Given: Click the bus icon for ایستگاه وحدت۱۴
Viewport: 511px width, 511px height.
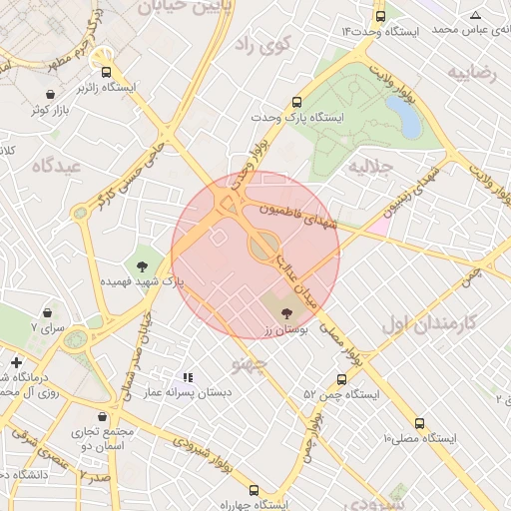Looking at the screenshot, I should click(379, 17).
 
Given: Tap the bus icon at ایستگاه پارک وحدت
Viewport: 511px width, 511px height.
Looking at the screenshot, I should click(296, 102).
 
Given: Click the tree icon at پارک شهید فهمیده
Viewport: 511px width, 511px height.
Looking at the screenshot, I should click(142, 266).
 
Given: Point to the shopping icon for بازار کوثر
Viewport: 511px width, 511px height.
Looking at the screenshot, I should click(50, 95).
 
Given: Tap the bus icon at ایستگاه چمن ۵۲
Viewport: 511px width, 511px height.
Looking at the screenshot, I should click(342, 379).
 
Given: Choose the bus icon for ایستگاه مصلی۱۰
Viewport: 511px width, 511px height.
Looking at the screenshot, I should click(419, 422).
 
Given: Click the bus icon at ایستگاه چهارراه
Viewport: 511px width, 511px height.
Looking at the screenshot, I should click(254, 491).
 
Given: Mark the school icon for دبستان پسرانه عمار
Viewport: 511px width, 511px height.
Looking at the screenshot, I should click(188, 377).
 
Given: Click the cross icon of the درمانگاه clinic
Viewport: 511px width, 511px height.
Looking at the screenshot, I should click(15, 361).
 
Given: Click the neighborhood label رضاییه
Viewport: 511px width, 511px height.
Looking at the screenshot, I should click(471, 73).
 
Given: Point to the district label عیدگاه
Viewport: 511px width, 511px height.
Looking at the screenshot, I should click(55, 166).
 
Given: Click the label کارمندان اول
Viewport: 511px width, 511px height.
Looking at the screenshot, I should click(430, 325).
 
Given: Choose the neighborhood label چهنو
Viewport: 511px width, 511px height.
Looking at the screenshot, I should click(249, 363).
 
